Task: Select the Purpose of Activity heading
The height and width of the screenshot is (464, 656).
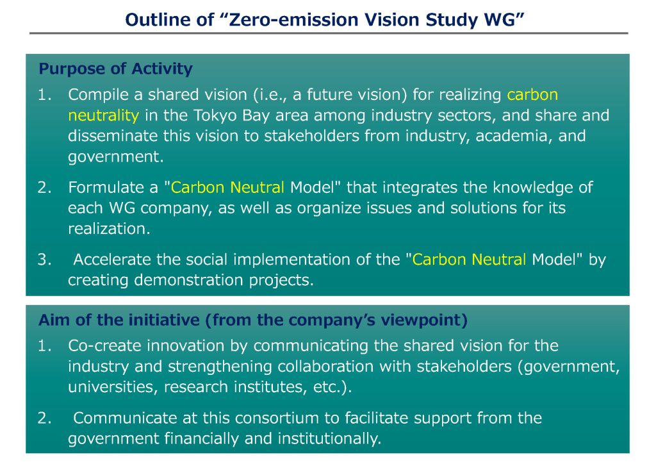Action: [x=115, y=69]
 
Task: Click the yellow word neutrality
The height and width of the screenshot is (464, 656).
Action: [x=103, y=115]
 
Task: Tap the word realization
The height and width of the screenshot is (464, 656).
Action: [x=109, y=229]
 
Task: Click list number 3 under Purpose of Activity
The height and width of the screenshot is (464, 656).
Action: [x=44, y=260]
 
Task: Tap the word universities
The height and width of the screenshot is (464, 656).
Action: [x=113, y=387]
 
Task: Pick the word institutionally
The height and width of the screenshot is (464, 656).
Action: [x=329, y=439]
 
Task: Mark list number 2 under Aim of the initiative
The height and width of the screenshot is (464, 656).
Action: [x=44, y=418]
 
